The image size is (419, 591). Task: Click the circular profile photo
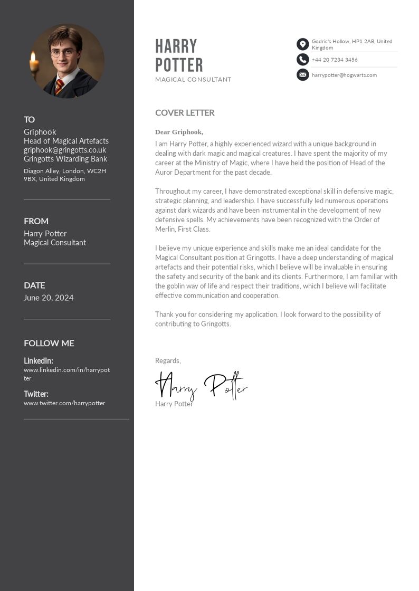tap(67, 61)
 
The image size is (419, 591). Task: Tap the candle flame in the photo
tap(34, 56)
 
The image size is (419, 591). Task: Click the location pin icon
tap(302, 44)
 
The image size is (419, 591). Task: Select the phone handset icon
tap(302, 60)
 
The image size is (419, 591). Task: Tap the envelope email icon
tap(302, 75)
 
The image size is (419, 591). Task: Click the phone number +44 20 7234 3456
tap(335, 60)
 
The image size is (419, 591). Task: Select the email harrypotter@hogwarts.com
tap(344, 75)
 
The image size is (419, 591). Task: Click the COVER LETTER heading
tap(185, 113)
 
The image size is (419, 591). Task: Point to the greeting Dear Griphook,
tap(179, 132)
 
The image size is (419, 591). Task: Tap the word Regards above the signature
tap(168, 361)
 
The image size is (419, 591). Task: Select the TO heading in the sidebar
tap(29, 120)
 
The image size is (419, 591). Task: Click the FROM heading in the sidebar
tap(36, 221)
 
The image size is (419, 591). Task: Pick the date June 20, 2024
tap(49, 298)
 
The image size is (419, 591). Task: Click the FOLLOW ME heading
tap(49, 344)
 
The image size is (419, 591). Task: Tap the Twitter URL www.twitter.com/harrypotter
tap(64, 403)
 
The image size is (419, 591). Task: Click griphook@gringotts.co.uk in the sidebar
tap(65, 150)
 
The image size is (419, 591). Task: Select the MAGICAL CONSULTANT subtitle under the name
tap(193, 80)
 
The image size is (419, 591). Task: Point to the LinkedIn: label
tap(39, 361)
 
